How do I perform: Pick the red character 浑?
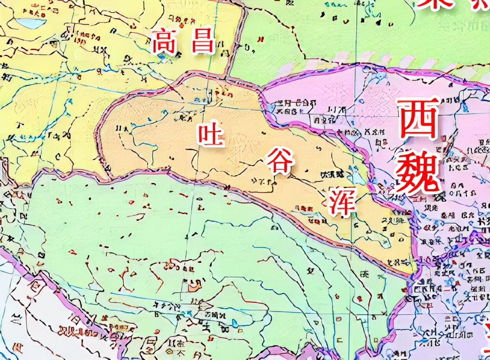pos(342,202)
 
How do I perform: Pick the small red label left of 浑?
pos(304,208)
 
